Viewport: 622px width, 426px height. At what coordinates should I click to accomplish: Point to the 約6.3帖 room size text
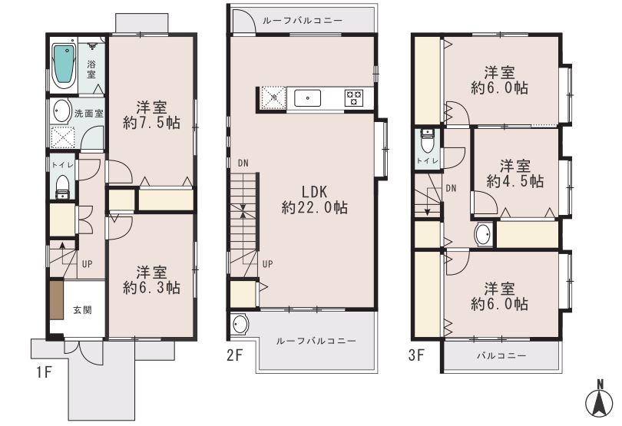(151, 288)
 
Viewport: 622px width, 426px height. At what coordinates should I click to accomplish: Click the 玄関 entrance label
(82, 310)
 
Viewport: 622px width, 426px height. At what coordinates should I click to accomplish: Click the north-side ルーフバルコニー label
(303, 21)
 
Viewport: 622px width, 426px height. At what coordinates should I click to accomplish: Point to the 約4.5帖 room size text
(514, 181)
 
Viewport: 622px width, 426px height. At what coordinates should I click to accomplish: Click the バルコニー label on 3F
(501, 356)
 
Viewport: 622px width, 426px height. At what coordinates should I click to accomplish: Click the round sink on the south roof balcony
(240, 325)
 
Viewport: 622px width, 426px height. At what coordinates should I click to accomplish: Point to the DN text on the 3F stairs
(452, 188)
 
